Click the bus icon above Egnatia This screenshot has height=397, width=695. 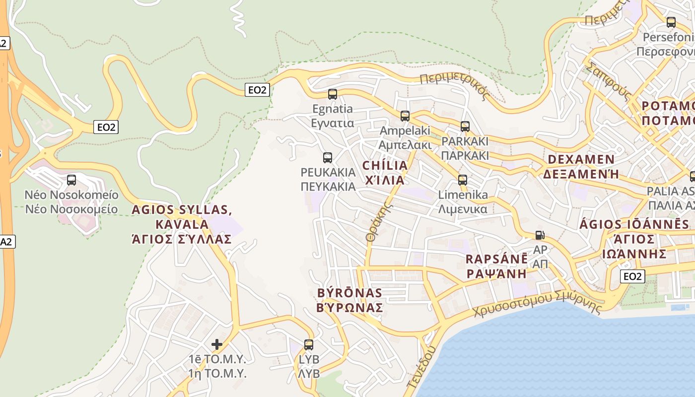click(333, 94)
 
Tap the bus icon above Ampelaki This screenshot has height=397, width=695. click(405, 116)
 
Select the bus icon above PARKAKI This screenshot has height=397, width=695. click(465, 127)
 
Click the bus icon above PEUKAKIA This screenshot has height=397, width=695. click(328, 158)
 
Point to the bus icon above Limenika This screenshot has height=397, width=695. click(463, 180)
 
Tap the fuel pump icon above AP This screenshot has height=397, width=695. click(540, 235)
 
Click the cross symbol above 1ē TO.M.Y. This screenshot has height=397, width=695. click(217, 344)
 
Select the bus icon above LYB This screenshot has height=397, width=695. click(309, 344)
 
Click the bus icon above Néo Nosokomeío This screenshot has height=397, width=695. click(71, 180)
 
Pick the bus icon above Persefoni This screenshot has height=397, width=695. click(671, 22)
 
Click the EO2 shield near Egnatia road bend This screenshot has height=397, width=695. click(258, 90)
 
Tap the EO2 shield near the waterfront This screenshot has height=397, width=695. click(632, 276)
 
